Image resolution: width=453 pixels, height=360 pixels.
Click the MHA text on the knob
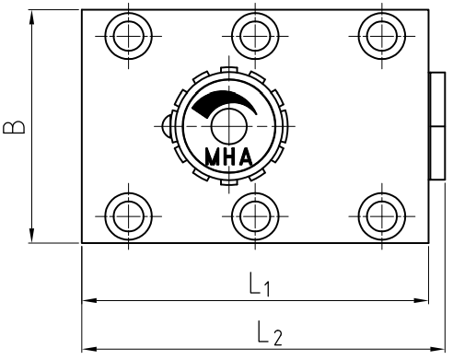point(229,157)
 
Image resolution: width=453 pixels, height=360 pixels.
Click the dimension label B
point(14,127)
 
